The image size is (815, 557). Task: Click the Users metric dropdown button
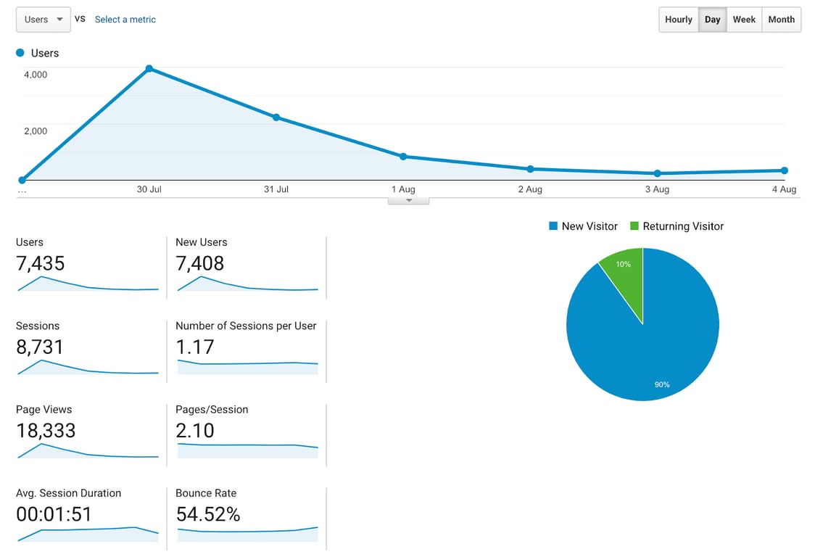(43, 20)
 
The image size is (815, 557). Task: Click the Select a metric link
(125, 20)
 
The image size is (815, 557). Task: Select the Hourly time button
(678, 20)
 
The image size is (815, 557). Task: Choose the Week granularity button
(744, 20)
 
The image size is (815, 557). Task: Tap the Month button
(781, 20)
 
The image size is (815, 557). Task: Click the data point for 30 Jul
(149, 69)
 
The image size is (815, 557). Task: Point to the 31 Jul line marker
(276, 117)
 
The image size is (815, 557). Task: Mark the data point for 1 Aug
(403, 157)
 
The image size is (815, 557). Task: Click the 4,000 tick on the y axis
(36, 74)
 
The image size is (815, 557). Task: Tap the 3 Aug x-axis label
(657, 189)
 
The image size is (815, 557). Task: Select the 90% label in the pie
(662, 384)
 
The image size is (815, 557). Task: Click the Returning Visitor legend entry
(677, 226)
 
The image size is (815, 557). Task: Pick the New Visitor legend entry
(583, 226)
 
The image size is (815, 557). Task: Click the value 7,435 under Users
(41, 263)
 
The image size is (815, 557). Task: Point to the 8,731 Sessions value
(40, 347)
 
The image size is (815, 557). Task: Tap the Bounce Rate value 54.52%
(208, 514)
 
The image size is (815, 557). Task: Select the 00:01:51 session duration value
(54, 514)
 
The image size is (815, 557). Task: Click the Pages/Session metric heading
(212, 410)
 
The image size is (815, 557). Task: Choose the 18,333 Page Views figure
(46, 431)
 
